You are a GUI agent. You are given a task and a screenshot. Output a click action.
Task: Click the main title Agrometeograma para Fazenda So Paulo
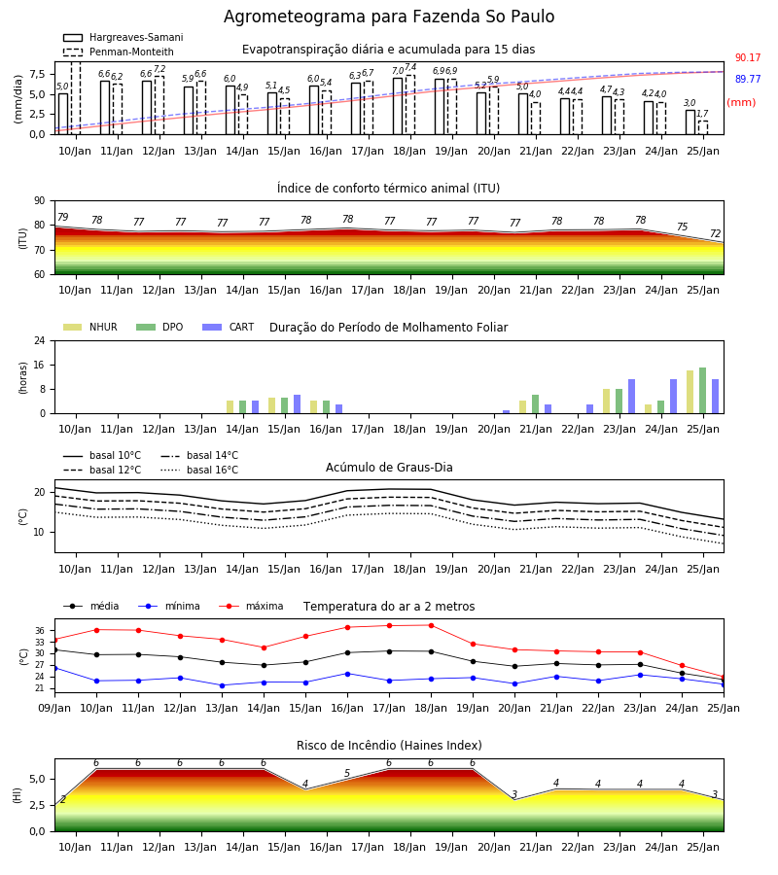click(x=389, y=17)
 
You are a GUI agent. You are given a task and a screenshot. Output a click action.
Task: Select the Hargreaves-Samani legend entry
click(x=124, y=37)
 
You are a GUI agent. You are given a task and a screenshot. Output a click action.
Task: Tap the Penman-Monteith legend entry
click(x=119, y=52)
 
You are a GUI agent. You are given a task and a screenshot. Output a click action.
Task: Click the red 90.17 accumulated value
click(x=748, y=58)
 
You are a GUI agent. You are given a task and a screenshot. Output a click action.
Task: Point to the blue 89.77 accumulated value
click(x=748, y=80)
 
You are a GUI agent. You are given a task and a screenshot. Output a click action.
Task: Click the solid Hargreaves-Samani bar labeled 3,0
click(x=690, y=122)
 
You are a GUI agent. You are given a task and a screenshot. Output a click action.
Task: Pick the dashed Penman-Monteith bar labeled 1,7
click(x=703, y=127)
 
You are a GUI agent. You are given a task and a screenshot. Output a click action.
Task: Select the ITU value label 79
click(x=63, y=217)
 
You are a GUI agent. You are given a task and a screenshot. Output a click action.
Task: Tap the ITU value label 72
click(x=716, y=233)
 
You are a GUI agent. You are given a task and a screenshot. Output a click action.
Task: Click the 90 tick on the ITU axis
click(x=40, y=201)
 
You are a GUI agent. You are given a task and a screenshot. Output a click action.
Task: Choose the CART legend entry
click(x=229, y=327)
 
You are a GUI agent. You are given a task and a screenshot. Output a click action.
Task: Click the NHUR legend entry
click(x=90, y=327)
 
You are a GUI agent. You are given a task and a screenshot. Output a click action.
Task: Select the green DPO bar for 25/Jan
click(x=703, y=391)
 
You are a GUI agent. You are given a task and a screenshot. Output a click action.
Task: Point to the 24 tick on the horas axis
click(x=40, y=341)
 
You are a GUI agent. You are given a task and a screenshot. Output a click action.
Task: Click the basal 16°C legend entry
click(x=199, y=470)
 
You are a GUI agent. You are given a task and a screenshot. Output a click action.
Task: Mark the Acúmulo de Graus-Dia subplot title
click(x=389, y=468)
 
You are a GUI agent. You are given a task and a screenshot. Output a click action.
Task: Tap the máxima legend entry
click(x=251, y=606)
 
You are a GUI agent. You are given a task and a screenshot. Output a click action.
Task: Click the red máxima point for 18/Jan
click(x=432, y=625)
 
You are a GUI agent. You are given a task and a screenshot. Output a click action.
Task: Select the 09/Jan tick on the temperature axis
click(x=54, y=708)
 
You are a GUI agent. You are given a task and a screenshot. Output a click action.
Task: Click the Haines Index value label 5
click(x=347, y=774)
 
